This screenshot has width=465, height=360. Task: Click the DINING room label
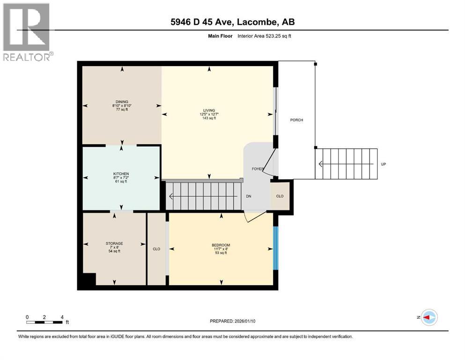[122, 102]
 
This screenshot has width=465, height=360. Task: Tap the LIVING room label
[209, 111]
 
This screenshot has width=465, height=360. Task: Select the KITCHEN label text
[121, 174]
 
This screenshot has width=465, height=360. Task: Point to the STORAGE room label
[114, 244]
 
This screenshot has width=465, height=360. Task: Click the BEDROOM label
[221, 245]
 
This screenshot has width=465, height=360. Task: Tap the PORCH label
[296, 120]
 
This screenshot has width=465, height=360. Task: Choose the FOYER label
[258, 169]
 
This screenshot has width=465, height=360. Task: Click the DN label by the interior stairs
[249, 196]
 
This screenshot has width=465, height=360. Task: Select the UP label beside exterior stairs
[384, 164]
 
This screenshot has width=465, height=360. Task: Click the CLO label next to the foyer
[280, 196]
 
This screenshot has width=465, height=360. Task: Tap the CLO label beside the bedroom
[156, 249]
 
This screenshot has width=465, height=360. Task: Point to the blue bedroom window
[275, 248]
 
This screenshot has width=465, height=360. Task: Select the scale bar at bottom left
[44, 322]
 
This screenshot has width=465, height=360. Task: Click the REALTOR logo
[28, 32]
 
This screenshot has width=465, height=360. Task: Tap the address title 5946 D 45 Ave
[203, 22]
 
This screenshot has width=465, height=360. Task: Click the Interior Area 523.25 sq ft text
[264, 36]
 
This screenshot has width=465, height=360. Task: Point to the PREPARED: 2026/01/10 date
[232, 321]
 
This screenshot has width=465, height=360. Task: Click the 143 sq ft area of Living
[209, 118]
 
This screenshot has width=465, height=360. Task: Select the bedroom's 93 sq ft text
[221, 253]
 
